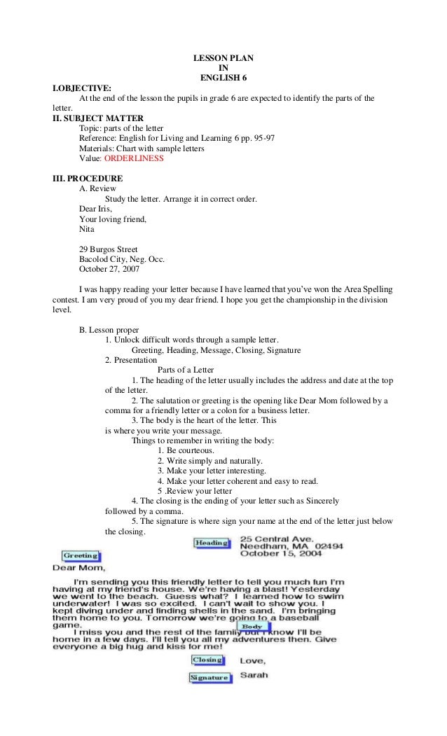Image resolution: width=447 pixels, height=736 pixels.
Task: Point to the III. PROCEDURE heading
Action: pyautogui.click(x=88, y=179)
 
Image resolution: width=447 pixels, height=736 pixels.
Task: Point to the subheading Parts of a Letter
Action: pyautogui.click(x=186, y=370)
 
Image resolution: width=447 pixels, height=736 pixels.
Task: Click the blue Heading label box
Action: pyautogui.click(x=211, y=543)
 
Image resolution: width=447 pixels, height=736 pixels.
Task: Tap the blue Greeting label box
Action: pyautogui.click(x=81, y=556)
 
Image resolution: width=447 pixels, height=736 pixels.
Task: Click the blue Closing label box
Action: pyautogui.click(x=207, y=660)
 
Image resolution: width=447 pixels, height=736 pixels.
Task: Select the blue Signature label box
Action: pyautogui.click(x=209, y=678)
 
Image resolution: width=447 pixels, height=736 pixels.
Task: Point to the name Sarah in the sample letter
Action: pyautogui.click(x=254, y=676)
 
